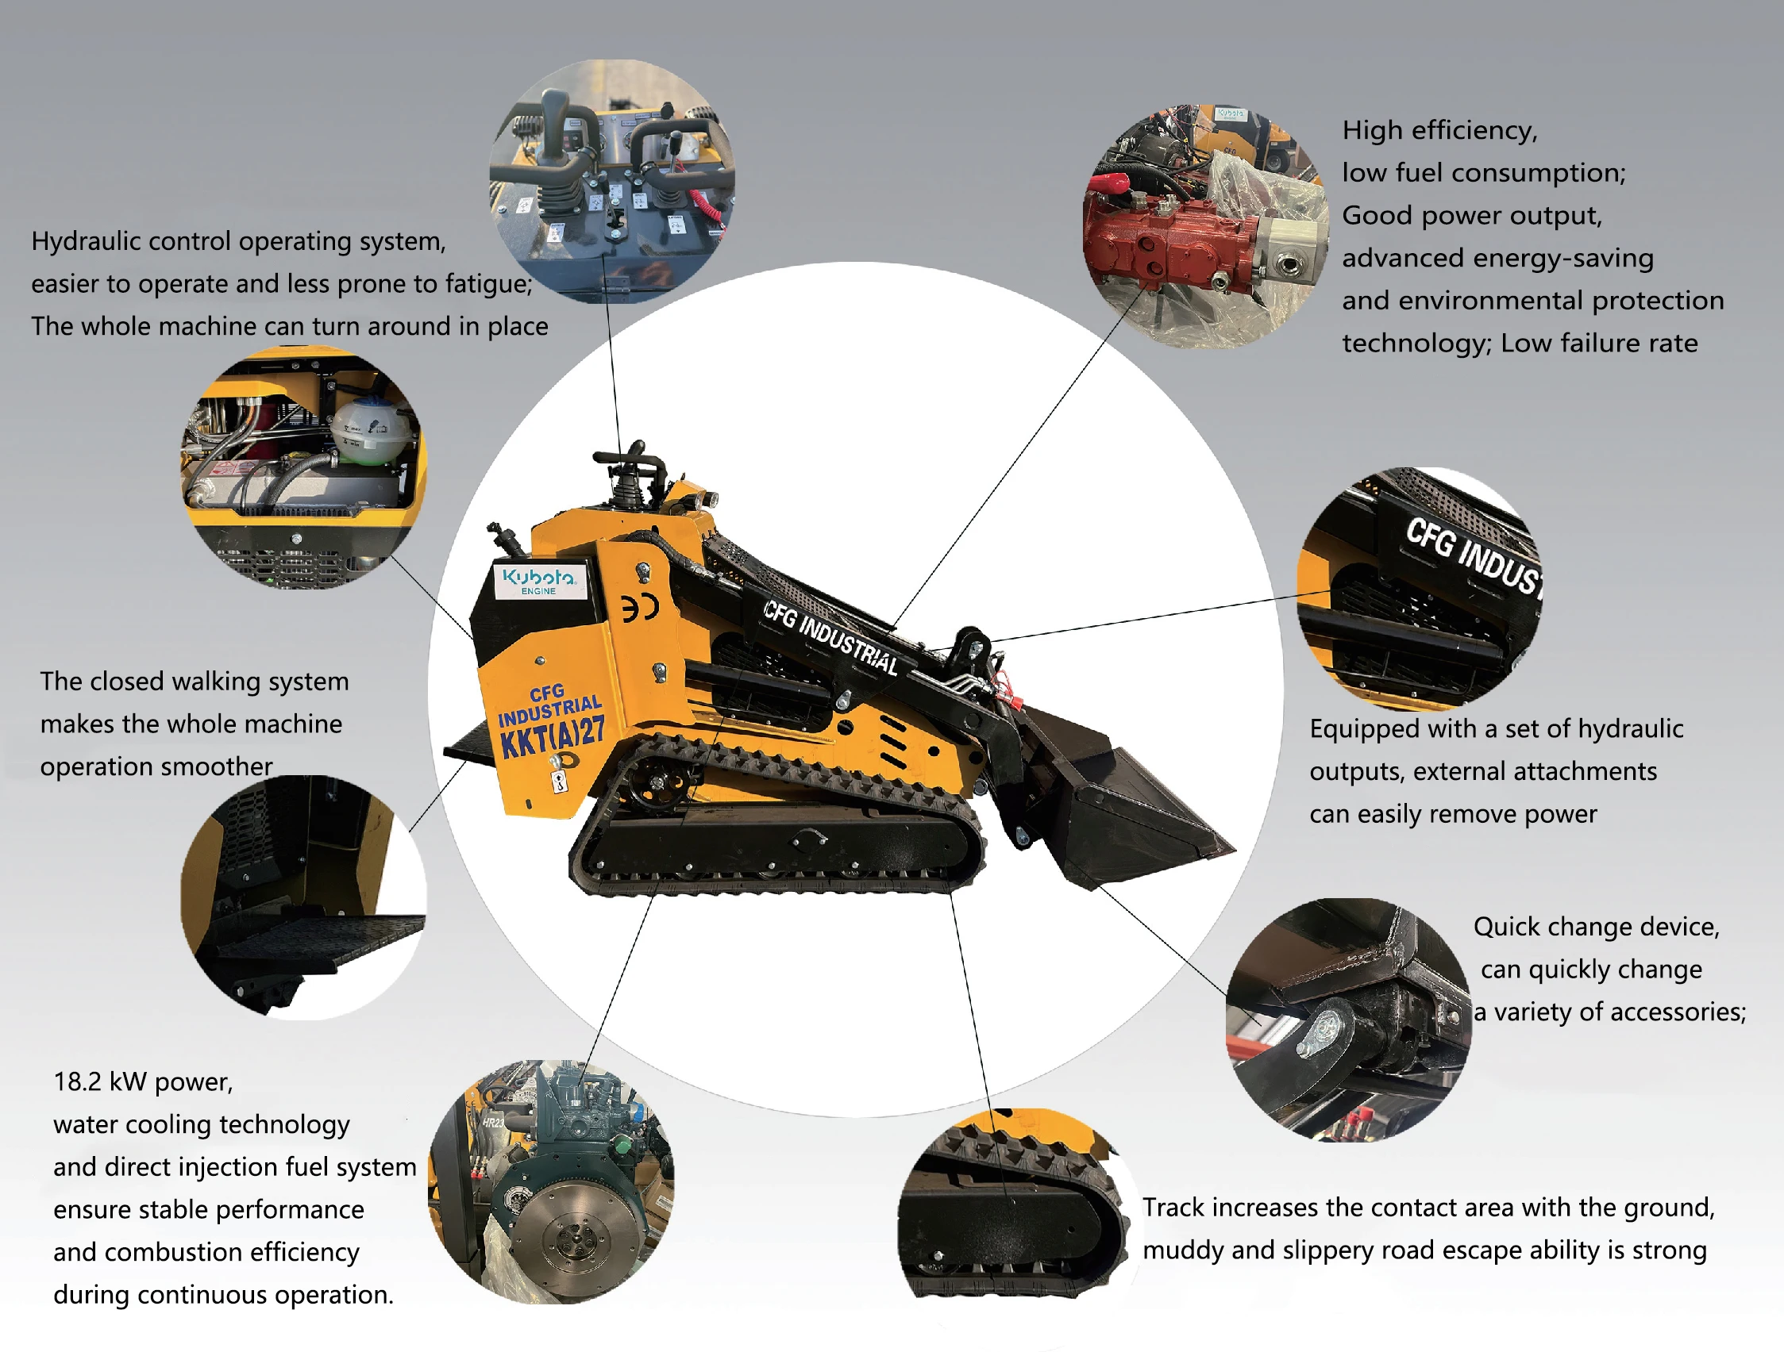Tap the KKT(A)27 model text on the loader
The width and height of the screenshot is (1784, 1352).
tap(552, 735)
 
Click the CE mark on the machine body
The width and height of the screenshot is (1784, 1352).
tap(641, 607)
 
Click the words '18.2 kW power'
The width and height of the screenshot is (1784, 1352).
tap(143, 1082)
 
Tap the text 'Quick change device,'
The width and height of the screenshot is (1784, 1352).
tap(1596, 928)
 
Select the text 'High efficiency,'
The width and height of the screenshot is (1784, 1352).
tap(1439, 131)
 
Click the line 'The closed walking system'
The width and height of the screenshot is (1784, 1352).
tap(195, 682)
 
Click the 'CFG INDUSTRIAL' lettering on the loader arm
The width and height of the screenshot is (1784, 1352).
tap(830, 637)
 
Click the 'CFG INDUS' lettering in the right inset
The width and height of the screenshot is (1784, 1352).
tap(1471, 556)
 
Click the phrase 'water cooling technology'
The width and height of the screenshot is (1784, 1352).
tap(202, 1124)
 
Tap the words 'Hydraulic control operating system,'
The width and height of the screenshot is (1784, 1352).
tap(239, 242)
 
